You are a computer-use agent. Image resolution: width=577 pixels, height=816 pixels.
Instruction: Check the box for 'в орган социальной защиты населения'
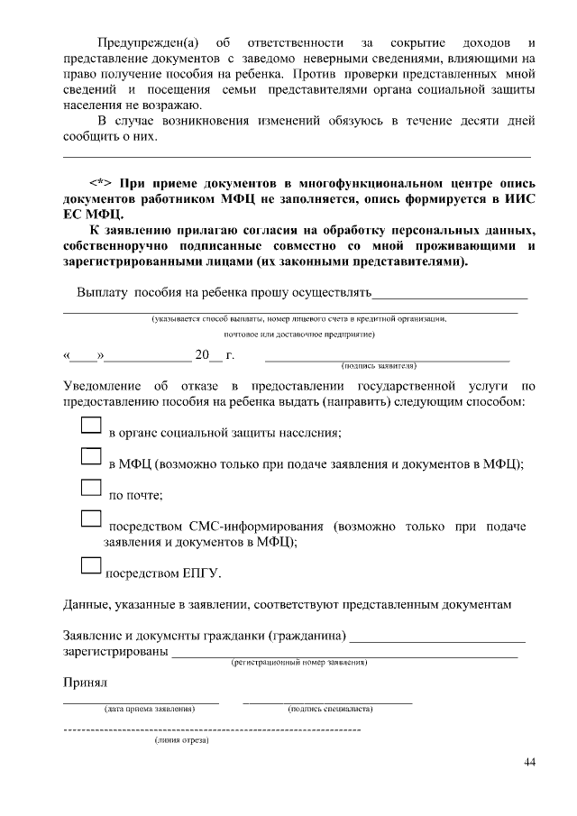click(90, 425)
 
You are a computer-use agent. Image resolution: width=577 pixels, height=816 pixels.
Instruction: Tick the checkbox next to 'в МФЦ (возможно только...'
click(90, 456)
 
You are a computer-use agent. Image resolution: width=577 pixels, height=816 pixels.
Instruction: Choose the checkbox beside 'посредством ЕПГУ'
click(90, 565)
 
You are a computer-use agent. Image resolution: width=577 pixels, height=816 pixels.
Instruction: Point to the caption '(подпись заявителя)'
click(378, 366)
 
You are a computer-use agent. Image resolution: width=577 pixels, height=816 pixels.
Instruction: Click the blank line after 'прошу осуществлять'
click(450, 293)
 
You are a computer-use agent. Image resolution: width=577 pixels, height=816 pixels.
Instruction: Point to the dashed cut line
click(212, 727)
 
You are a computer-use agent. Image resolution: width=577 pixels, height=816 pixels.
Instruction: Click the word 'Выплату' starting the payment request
click(104, 292)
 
